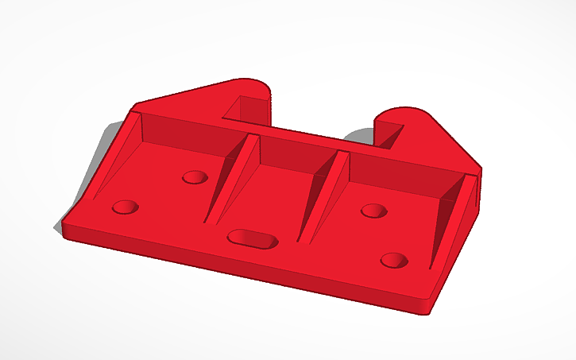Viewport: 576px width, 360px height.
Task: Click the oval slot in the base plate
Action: coord(252,238)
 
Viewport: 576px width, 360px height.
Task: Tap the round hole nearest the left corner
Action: coord(125,207)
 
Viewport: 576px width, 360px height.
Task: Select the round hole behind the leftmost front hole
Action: coord(194,176)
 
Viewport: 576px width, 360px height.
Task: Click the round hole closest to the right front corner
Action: coord(393,260)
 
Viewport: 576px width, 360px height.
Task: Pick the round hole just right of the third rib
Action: coord(373,211)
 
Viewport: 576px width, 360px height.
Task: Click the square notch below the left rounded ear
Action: coord(243,107)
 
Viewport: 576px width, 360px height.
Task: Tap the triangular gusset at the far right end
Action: coord(457,215)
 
